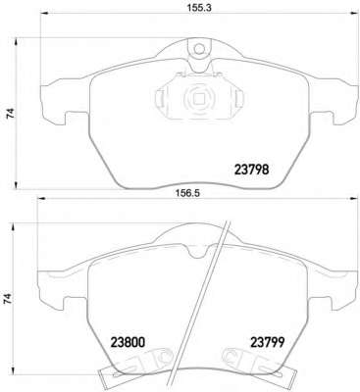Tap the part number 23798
[252, 170]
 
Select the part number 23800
[128, 342]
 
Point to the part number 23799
[268, 342]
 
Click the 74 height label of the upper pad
[11, 114]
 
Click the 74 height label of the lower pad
[9, 299]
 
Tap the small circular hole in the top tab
[198, 49]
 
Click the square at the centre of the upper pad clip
[198, 98]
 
